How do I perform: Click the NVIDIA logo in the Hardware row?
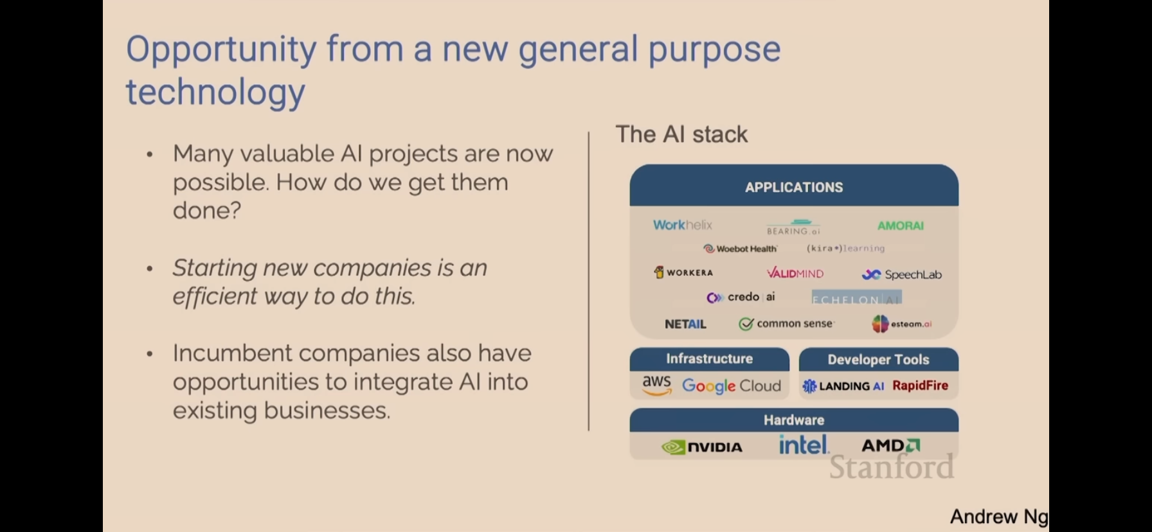pos(701,447)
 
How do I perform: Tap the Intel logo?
pos(803,445)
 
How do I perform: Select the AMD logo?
pos(890,445)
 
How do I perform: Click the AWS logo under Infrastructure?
pos(656,384)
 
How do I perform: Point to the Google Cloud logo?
pos(732,386)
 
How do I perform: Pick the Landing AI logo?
pos(843,386)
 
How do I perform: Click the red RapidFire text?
pos(920,386)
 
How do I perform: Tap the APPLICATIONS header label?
pos(794,187)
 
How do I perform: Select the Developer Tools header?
pos(878,360)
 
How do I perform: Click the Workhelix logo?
pos(682,225)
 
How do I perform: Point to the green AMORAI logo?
pos(900,226)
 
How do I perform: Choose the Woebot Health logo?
pos(740,249)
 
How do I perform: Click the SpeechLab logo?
pos(901,274)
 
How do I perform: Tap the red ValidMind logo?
pos(795,273)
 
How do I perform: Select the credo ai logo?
pos(741,297)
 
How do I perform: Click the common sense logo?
pos(786,324)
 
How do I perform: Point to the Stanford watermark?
pos(891,466)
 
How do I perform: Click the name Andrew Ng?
pos(998,517)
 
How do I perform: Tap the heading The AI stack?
pos(681,134)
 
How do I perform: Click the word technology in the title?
pos(215,92)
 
